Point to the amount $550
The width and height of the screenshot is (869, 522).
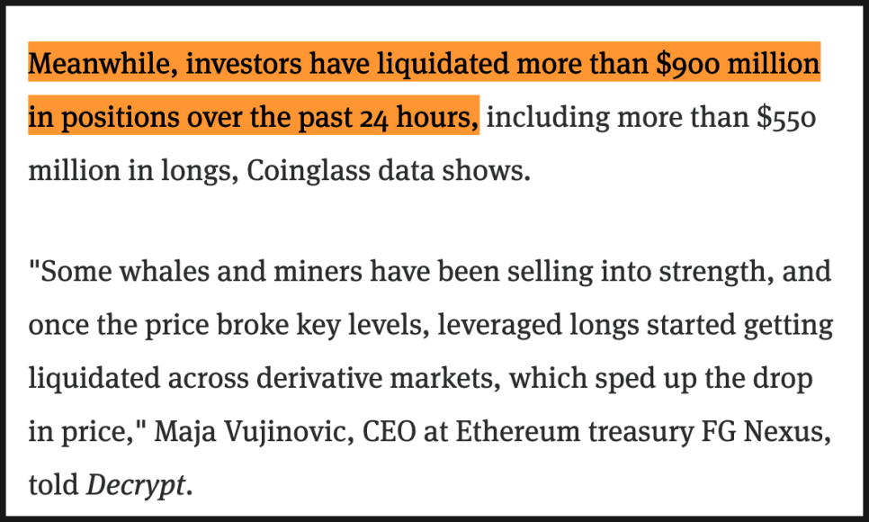tap(787, 118)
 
